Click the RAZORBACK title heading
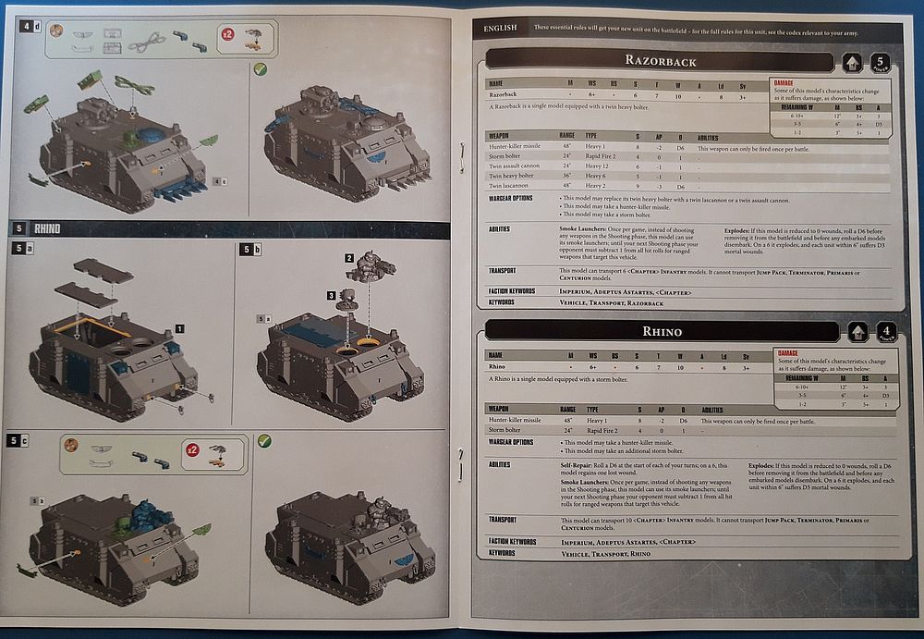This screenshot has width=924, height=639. point(660,61)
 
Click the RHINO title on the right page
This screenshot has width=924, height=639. point(662,331)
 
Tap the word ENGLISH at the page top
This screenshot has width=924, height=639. point(500,29)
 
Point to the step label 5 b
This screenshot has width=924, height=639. point(249,250)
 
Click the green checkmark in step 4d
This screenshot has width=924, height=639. point(261,68)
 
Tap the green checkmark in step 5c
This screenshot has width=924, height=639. point(263,441)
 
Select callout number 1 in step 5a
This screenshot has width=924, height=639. point(179,328)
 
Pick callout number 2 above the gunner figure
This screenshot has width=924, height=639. point(349,257)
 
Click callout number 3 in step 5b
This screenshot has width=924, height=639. point(331,295)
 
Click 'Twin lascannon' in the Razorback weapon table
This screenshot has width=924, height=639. point(507,185)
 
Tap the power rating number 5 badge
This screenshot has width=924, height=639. point(881,63)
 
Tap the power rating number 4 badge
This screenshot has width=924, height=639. point(885,332)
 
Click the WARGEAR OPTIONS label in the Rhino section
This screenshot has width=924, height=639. point(511,442)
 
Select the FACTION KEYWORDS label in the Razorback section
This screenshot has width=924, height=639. point(512,290)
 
